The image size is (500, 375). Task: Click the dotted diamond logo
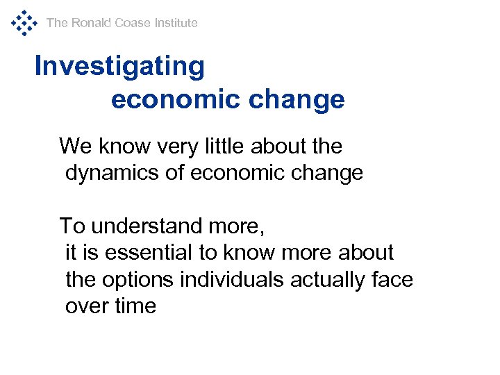tap(24, 22)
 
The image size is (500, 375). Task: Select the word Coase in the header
tap(133, 23)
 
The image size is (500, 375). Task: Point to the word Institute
tap(176, 23)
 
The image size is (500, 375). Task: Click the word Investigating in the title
tap(119, 67)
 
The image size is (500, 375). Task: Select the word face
tap(394, 280)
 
